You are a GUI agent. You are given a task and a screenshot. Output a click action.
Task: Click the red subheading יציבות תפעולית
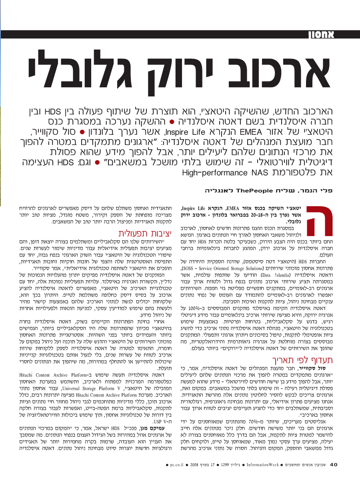click(x=140, y=234)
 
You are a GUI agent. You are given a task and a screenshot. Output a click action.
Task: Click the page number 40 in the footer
click(x=334, y=465)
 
